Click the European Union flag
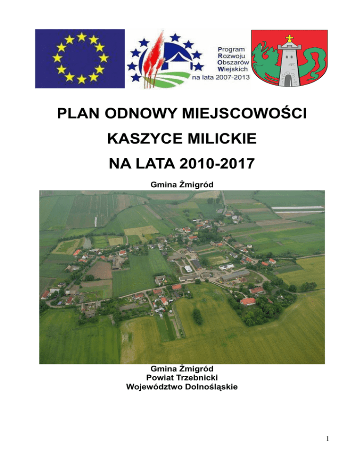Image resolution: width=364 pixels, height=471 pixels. [x=80, y=59]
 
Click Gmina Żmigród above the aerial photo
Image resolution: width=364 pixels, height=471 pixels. [x=182, y=183]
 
